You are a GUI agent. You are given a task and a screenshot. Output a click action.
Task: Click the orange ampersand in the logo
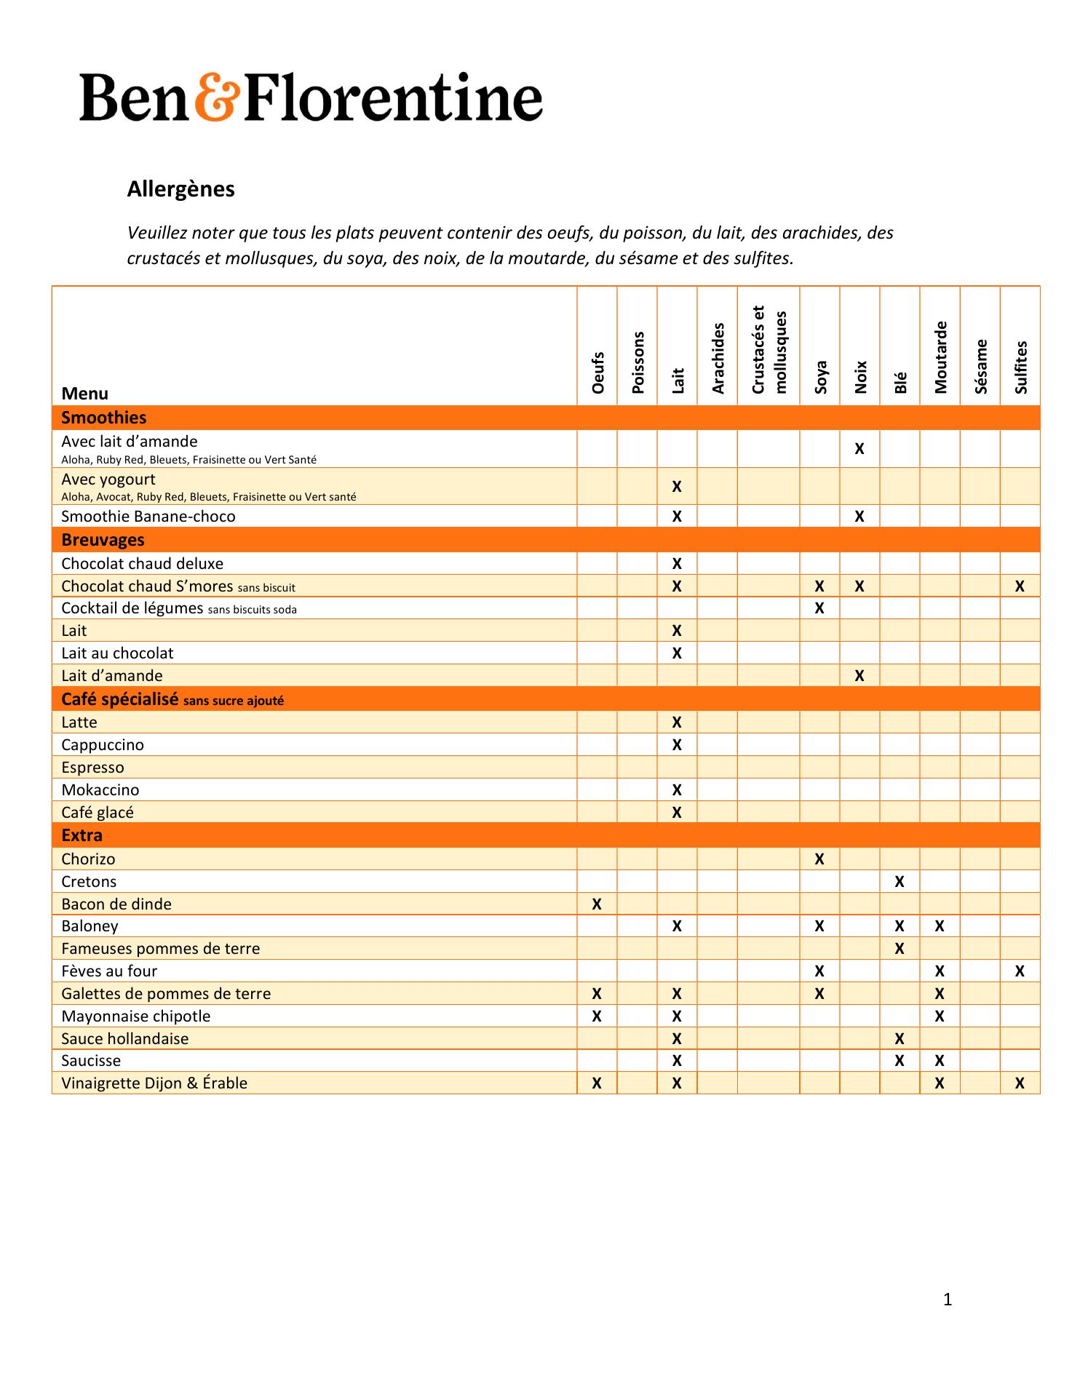217,97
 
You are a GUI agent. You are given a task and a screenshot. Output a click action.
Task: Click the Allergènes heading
180,189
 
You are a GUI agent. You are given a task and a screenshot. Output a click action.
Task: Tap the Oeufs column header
598,373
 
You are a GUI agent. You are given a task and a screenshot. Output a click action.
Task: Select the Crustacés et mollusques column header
769,350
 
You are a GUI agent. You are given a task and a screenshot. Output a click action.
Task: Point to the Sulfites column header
1020,367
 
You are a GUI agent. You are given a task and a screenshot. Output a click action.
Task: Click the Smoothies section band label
104,418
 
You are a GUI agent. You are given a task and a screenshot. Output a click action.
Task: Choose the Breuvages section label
103,540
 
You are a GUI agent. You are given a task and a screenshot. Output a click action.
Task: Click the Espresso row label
92,768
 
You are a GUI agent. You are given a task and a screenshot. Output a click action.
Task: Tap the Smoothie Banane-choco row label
148,517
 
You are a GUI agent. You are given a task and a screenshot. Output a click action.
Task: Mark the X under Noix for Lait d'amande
859,676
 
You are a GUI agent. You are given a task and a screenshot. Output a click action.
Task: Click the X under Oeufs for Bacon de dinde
597,904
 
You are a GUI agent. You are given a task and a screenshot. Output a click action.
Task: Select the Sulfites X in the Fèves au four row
1020,971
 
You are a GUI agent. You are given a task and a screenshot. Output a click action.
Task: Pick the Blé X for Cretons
900,882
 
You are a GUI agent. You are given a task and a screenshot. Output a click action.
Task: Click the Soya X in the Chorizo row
819,859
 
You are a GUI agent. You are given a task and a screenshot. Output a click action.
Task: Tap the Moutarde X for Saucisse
940,1061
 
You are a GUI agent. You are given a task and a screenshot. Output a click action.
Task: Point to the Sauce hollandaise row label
124,1039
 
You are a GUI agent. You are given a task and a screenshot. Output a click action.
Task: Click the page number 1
948,1300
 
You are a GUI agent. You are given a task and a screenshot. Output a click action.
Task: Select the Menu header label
85,394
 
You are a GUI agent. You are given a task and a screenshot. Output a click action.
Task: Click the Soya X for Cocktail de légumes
819,608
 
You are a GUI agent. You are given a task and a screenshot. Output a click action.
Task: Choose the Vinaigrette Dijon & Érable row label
154,1083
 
